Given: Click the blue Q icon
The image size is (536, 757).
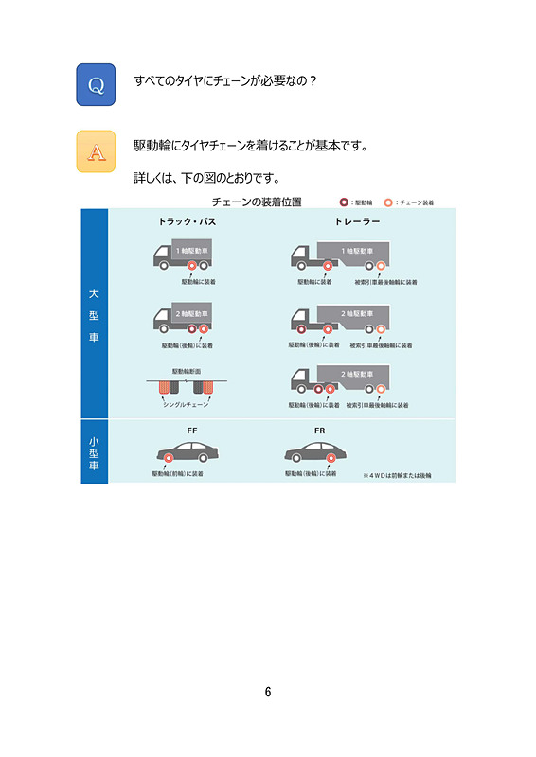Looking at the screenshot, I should (x=96, y=85).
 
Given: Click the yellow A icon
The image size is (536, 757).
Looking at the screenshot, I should (x=96, y=151).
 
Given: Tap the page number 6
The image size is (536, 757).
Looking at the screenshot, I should (x=268, y=692).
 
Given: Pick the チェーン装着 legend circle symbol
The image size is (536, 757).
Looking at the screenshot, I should (x=389, y=202).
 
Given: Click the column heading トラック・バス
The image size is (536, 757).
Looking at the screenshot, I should (x=187, y=221).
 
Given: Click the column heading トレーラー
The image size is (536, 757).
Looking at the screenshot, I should (x=357, y=221).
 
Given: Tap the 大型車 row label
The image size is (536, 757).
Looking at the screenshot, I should (x=94, y=315).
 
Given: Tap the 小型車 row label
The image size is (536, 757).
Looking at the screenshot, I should (x=94, y=452).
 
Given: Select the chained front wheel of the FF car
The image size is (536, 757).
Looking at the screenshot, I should (x=168, y=459).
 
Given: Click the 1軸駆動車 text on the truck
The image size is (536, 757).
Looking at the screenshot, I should (x=187, y=250).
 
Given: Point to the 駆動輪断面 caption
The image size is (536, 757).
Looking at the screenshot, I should (x=186, y=371).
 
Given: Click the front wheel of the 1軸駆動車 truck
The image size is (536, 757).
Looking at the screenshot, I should (x=162, y=266).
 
